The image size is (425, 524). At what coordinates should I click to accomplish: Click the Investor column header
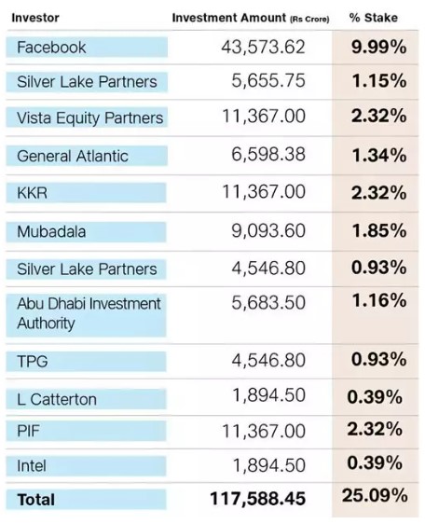coord(35,18)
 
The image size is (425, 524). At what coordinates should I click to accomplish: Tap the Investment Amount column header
coord(251,18)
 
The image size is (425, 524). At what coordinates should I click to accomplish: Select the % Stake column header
coord(373,18)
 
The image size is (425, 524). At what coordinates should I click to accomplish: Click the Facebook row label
coord(51,48)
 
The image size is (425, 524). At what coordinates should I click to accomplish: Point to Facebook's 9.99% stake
coord(379,47)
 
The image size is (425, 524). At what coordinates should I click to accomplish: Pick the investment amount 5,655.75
coord(268,81)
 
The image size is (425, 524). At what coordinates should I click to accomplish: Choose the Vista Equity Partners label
coord(89,118)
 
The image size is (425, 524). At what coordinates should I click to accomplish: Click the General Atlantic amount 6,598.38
coord(268,155)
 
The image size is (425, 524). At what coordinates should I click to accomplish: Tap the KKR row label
coord(32,193)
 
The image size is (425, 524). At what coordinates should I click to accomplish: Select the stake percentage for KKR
coord(379,193)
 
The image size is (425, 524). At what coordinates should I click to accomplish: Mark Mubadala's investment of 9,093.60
coord(268,231)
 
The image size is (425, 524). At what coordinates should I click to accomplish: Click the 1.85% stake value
coord(379,230)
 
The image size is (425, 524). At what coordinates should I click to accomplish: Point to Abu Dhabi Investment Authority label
coord(89,313)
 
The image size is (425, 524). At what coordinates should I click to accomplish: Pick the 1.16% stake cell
coord(379,300)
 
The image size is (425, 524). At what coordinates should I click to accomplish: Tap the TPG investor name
coord(32,361)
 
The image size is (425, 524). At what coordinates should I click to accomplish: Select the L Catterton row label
coord(57,399)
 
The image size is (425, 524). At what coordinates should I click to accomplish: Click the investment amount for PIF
coord(264,431)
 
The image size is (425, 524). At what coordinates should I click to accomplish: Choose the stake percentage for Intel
coord(375,462)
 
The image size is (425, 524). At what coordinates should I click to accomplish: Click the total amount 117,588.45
coord(257,499)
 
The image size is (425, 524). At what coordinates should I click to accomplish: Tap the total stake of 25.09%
coord(375,495)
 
